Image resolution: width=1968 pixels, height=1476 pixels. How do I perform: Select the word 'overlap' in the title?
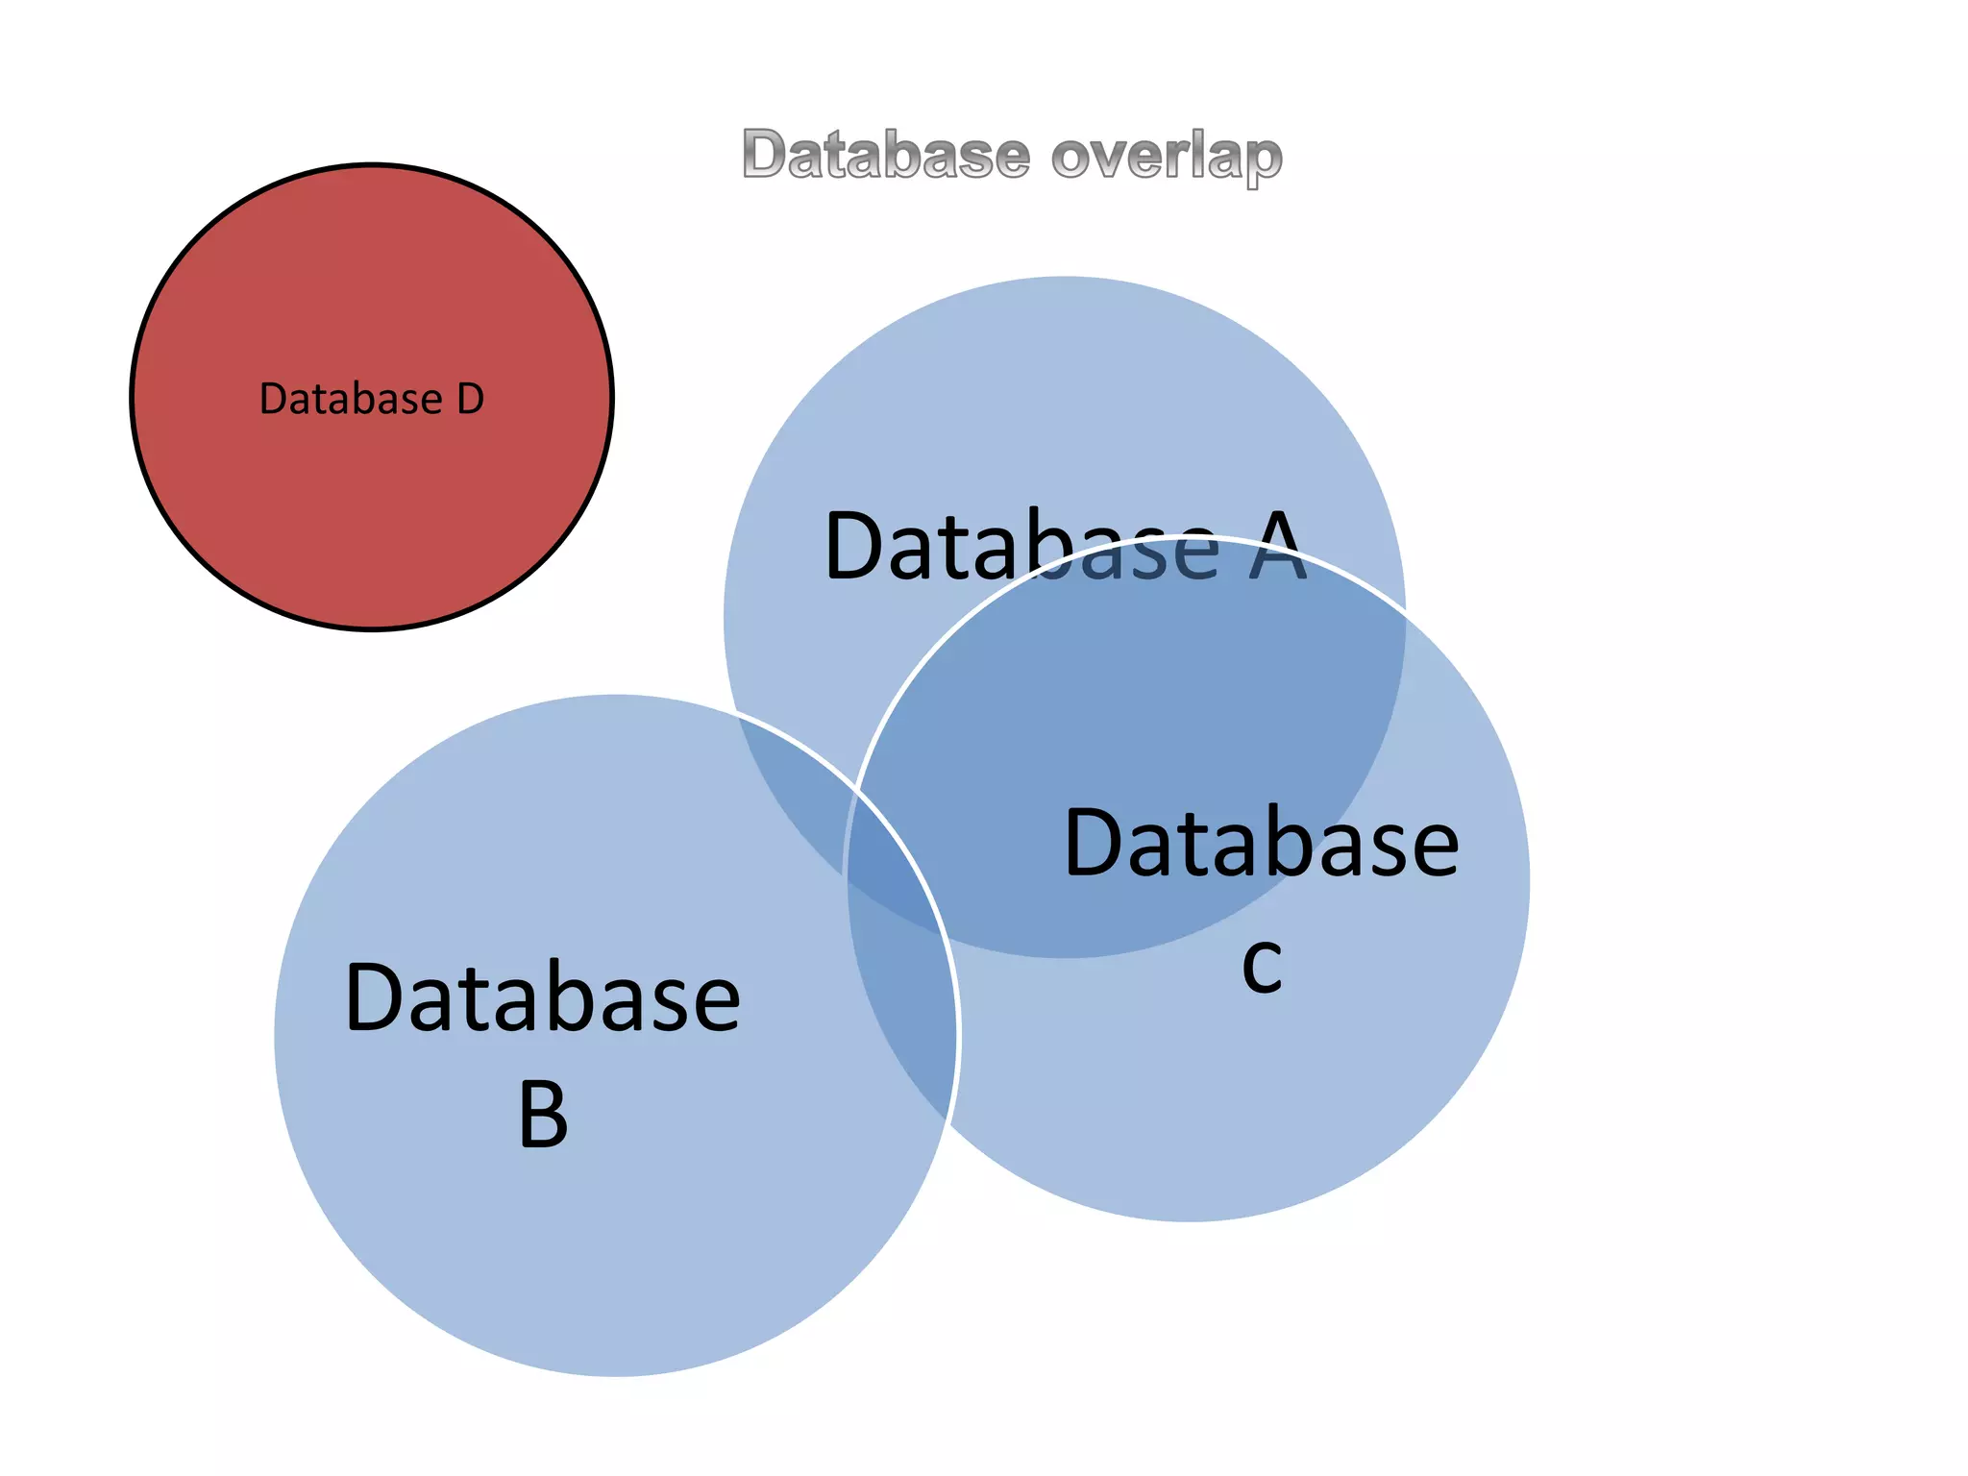click(x=1167, y=158)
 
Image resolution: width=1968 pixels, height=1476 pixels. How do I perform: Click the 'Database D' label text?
click(x=372, y=399)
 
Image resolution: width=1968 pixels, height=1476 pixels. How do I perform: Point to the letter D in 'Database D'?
click(x=470, y=399)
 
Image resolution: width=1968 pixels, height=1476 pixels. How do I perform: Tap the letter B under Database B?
click(x=543, y=1115)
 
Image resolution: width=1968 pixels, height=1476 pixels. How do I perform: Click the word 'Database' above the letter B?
click(x=543, y=998)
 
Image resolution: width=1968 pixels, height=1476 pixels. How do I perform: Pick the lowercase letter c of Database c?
click(x=1262, y=965)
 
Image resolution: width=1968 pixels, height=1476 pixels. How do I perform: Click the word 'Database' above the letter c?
click(x=1262, y=843)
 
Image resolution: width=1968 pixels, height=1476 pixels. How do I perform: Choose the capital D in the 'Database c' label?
click(x=1092, y=843)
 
